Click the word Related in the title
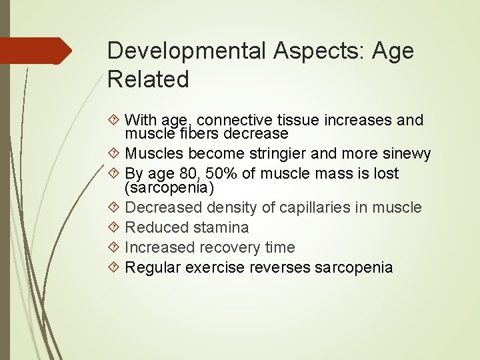[x=148, y=80]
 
